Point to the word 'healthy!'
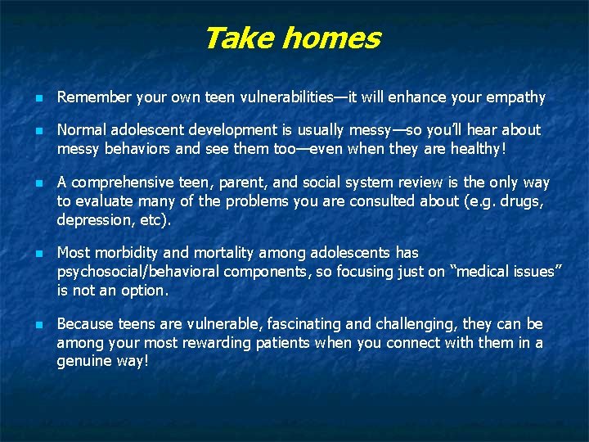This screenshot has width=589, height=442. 484,148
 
